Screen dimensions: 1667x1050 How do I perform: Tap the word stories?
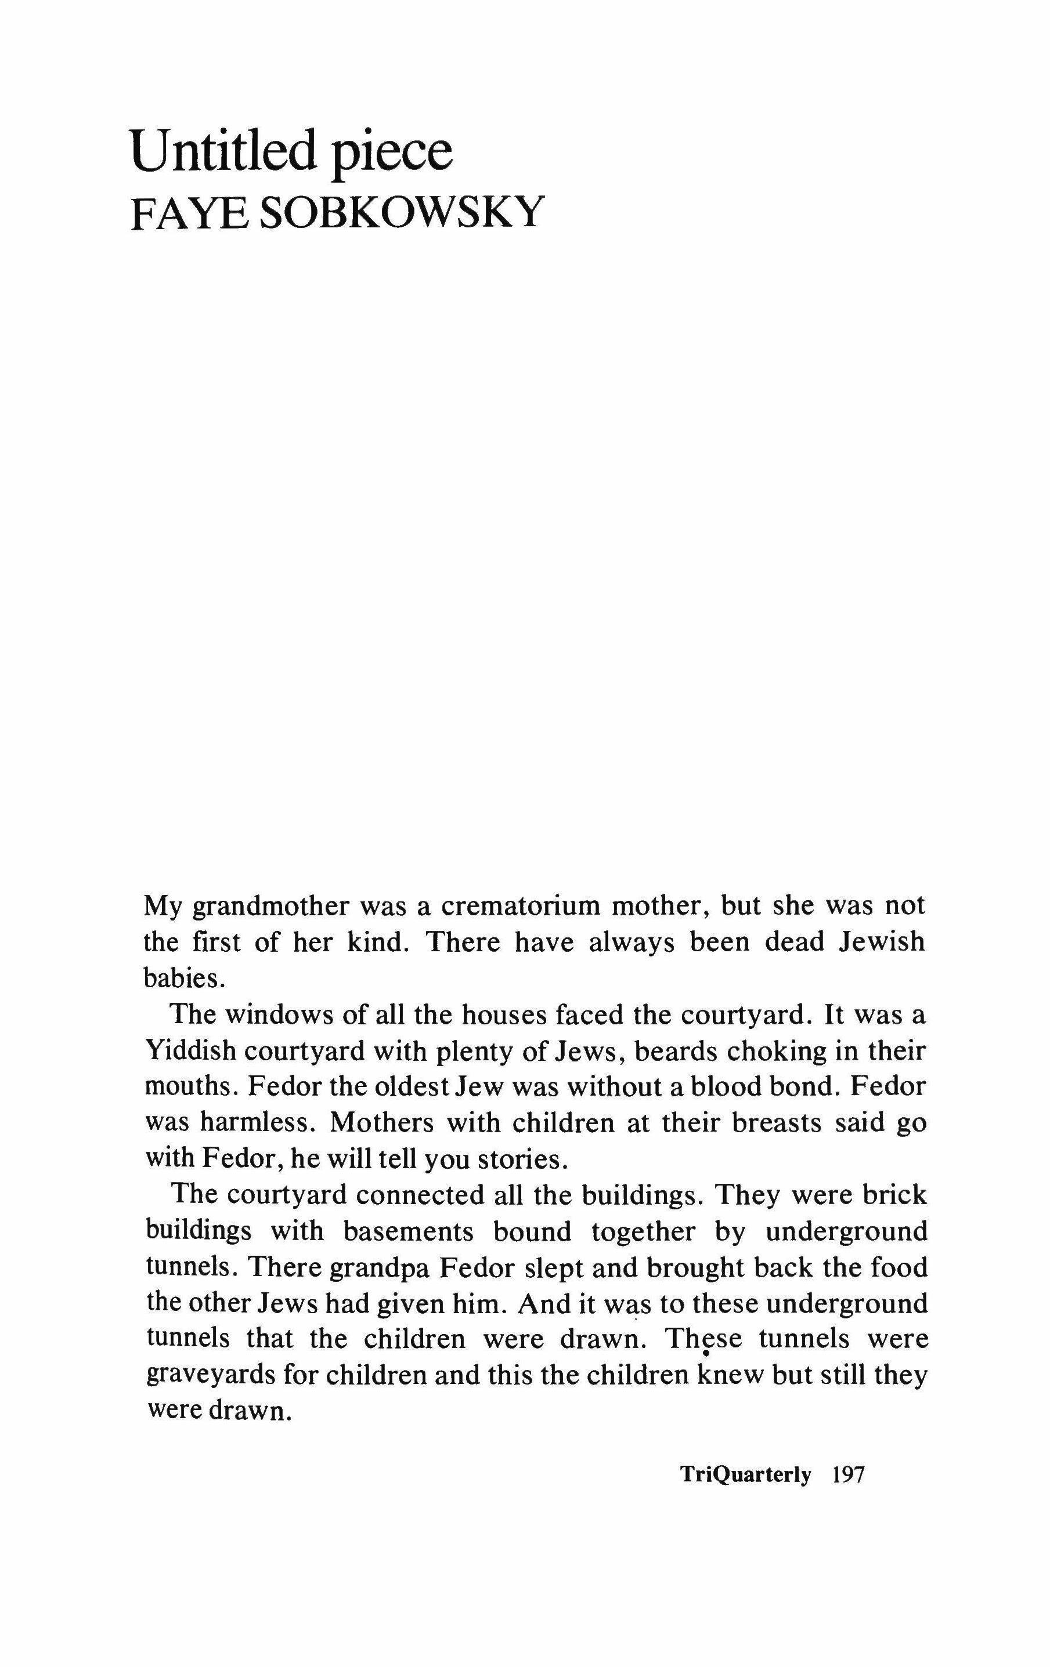(528, 1159)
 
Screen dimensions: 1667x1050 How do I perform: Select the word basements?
(409, 1232)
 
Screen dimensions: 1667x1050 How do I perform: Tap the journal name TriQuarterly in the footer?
(745, 1475)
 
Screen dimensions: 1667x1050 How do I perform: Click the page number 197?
(849, 1475)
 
